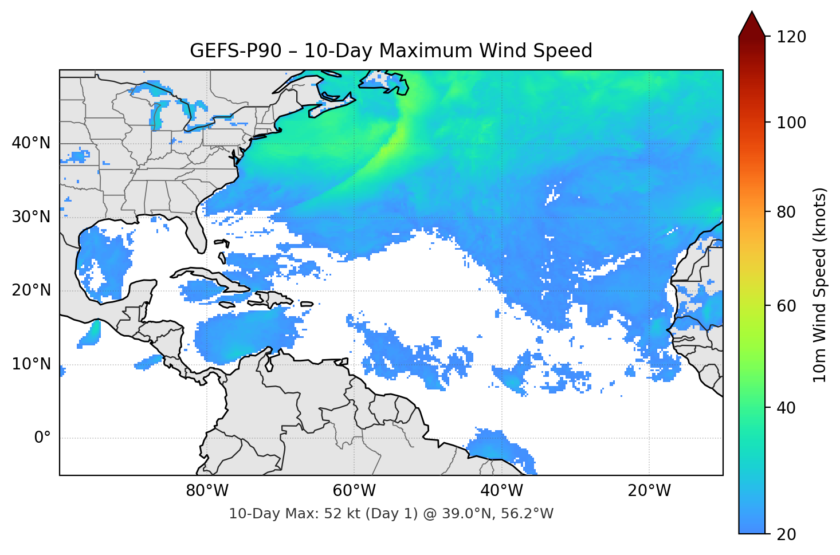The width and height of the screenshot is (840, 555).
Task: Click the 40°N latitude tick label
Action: click(x=31, y=143)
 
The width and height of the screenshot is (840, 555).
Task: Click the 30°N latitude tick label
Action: click(x=31, y=217)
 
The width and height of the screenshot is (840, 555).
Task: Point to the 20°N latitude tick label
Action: click(x=31, y=290)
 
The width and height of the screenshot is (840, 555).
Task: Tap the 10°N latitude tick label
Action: click(x=31, y=364)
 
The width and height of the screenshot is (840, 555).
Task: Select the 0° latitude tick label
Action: click(x=42, y=438)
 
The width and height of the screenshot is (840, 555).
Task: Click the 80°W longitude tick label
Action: click(x=207, y=491)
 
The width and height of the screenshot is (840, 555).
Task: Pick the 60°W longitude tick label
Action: click(x=354, y=491)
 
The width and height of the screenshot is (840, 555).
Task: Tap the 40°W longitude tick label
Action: click(x=501, y=491)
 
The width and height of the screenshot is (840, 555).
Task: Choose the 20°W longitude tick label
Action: click(x=649, y=491)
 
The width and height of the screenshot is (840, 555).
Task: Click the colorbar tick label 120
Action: click(x=791, y=37)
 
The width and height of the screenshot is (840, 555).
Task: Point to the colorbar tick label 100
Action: click(x=791, y=123)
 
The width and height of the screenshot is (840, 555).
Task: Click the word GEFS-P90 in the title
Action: click(x=235, y=51)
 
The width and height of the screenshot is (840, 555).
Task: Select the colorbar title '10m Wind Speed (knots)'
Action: click(x=820, y=285)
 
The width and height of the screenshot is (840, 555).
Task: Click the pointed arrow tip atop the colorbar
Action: click(x=752, y=14)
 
